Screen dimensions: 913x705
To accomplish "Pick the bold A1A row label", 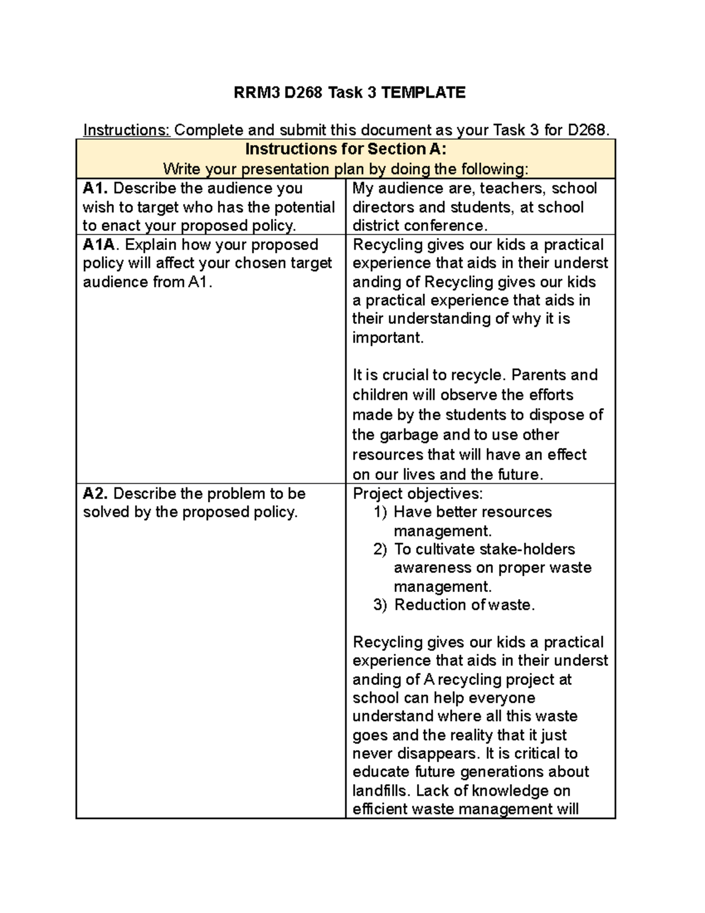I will point(100,245).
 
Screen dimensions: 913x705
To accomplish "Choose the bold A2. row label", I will point(96,493).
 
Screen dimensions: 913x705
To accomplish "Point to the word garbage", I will point(408,435).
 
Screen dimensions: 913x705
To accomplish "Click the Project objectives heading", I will point(417,493).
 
